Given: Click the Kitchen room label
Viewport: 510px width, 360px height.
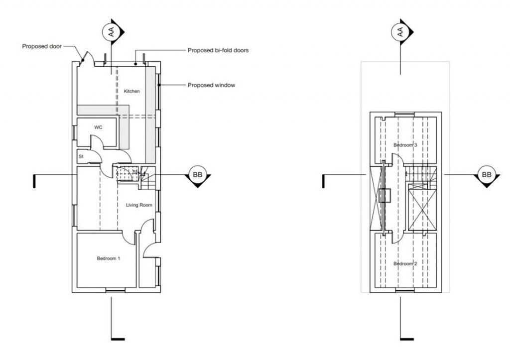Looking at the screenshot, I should [x=132, y=91].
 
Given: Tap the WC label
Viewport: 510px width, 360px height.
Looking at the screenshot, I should [x=99, y=127].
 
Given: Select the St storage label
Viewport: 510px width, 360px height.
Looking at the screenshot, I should [x=81, y=156].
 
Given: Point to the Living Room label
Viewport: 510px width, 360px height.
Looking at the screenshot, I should [x=138, y=205].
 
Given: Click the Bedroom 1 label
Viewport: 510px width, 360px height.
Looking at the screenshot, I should [x=108, y=258].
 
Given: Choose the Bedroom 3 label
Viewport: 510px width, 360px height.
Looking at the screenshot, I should [x=405, y=145].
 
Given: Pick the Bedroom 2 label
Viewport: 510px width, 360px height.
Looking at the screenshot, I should [x=405, y=263].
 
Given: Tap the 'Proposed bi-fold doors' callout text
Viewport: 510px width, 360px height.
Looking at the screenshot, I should [x=218, y=50].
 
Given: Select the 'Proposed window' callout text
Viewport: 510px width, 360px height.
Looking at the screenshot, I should [x=211, y=85].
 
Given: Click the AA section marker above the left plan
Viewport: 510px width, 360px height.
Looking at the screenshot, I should [x=111, y=32].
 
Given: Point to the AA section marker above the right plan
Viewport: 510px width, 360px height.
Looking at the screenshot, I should [x=399, y=32].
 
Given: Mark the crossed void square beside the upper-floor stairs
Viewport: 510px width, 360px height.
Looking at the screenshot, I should [x=420, y=207].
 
